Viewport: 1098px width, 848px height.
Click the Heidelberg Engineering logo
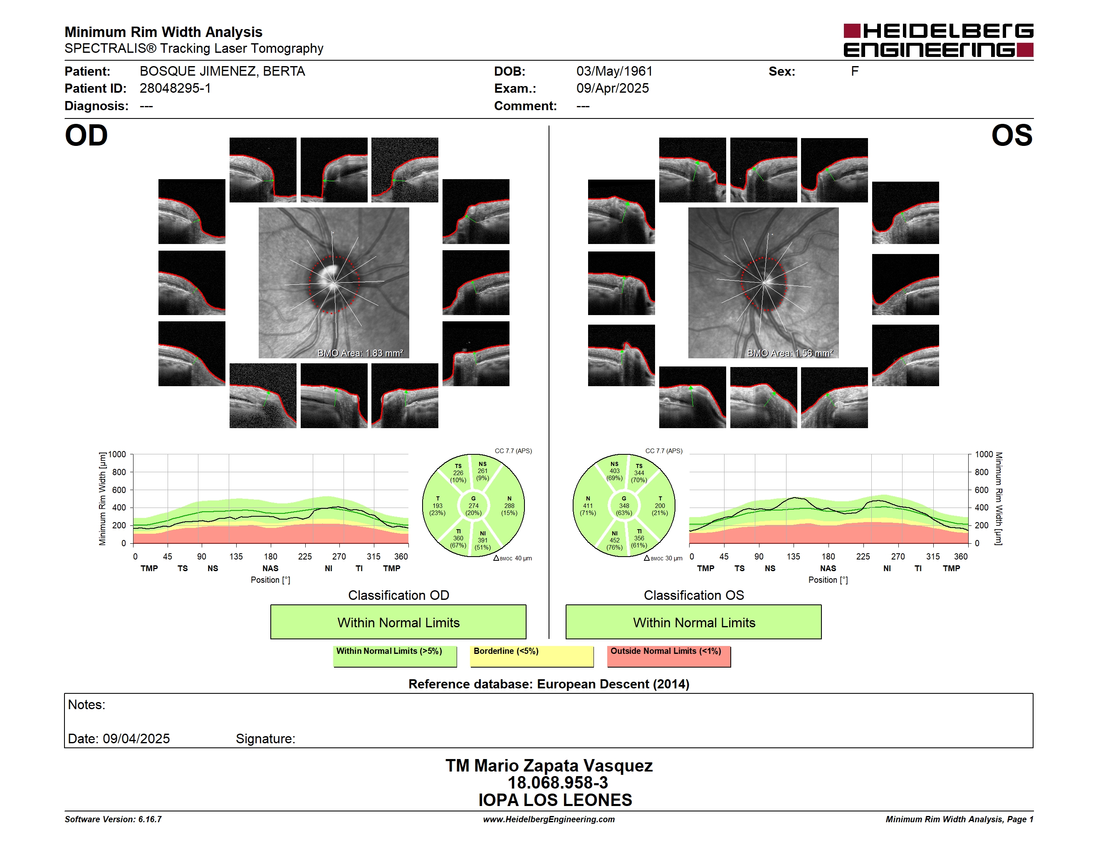[938, 40]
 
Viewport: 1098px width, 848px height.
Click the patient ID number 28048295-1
[175, 89]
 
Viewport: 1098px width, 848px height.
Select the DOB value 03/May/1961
[614, 71]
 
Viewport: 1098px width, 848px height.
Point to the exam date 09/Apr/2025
[612, 89]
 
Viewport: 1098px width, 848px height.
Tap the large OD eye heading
[86, 136]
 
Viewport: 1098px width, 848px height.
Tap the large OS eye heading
[1011, 136]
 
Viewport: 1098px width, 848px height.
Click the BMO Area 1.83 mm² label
[360, 353]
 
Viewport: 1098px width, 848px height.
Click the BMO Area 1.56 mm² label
[790, 353]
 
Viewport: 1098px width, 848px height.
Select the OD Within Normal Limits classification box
[398, 622]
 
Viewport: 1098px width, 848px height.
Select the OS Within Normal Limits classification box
[694, 622]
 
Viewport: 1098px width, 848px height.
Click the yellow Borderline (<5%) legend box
[532, 656]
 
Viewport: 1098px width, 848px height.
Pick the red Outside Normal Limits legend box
[669, 656]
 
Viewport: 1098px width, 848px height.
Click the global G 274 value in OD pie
[473, 506]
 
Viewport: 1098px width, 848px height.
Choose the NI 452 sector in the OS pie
[614, 540]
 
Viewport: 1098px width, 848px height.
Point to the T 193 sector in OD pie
[438, 506]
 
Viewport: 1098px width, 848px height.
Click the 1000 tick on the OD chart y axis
[116, 455]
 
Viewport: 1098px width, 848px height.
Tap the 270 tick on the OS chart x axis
[898, 557]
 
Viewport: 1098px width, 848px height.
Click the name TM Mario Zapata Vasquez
[549, 766]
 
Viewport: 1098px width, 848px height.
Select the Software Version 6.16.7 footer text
[113, 819]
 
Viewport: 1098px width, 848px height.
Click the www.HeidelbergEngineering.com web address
[549, 819]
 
